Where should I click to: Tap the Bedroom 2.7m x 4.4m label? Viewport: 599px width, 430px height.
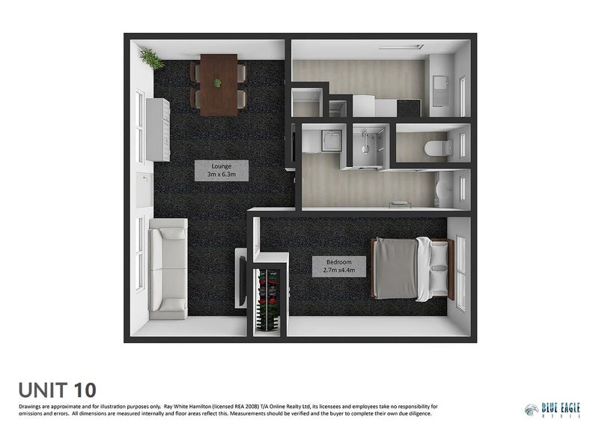tap(339, 266)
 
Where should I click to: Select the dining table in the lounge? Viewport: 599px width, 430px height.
tap(218, 84)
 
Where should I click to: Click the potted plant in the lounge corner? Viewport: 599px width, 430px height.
tap(152, 58)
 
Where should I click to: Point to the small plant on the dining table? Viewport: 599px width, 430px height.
tap(218, 83)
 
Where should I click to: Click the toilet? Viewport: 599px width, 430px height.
tap(437, 148)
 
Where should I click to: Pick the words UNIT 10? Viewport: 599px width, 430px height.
tap(58, 390)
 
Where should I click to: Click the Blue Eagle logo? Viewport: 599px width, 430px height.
tap(553, 409)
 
